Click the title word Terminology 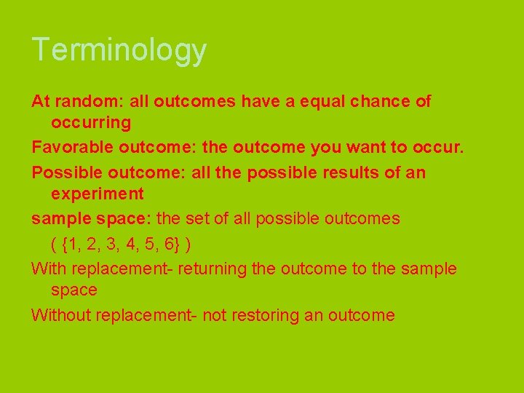pos(119,50)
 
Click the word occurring pos(91,123)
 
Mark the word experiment pos(98,194)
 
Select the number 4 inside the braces pos(132,244)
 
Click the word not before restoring pos(214,315)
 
